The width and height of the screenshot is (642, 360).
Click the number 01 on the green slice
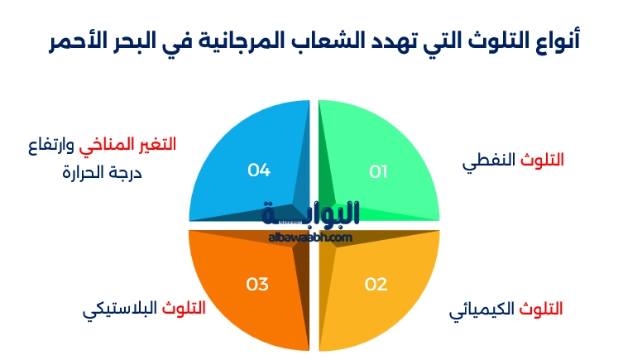pos(378,172)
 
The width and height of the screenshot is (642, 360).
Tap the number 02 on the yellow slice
pos(376,284)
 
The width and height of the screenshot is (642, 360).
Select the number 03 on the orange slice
pos(257,284)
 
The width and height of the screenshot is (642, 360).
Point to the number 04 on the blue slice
pos(259,170)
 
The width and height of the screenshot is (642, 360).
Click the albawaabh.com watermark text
pos(310,238)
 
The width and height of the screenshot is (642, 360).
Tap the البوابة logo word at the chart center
pos(310,214)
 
